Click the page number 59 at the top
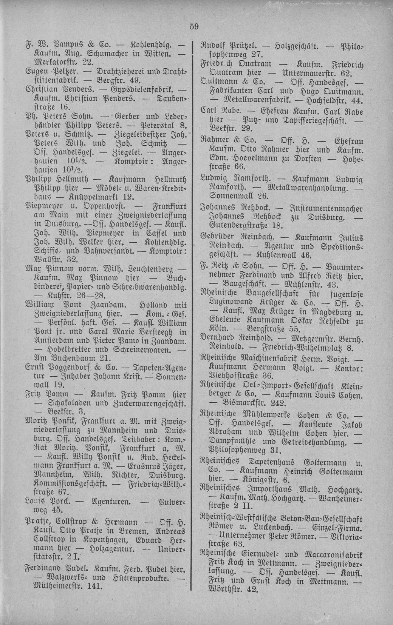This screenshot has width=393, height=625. (194, 26)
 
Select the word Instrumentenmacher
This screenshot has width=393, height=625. (326, 208)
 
